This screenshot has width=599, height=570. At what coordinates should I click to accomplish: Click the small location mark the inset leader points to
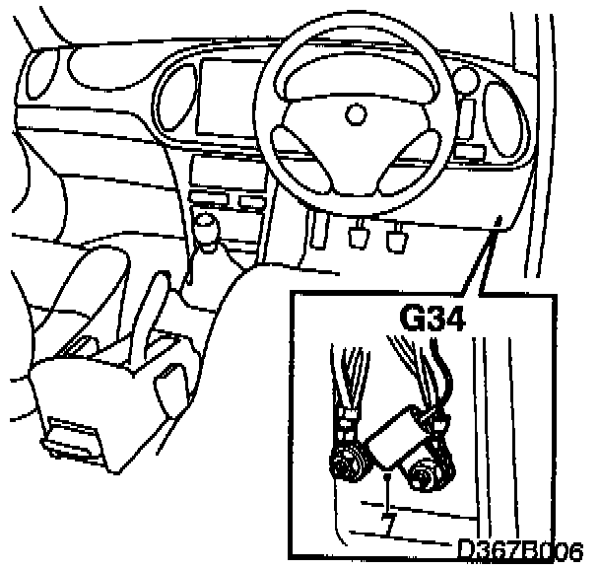500,221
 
